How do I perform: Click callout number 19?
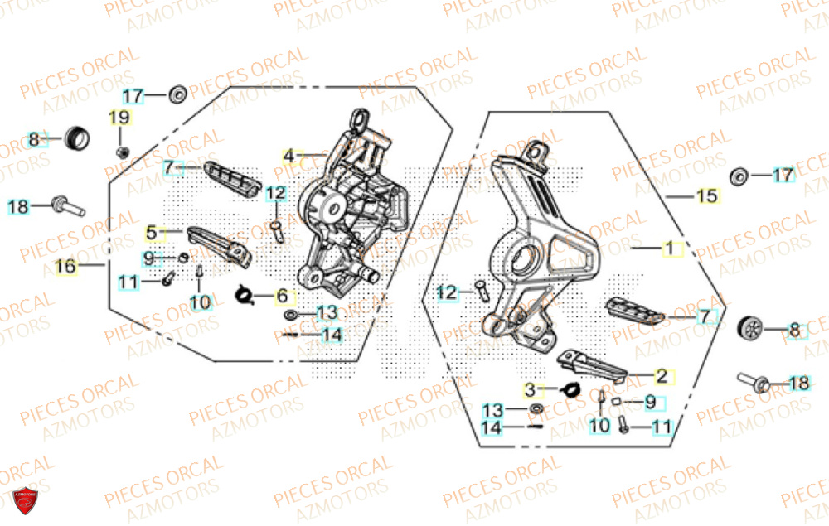(120, 118)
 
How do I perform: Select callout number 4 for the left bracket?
(288, 156)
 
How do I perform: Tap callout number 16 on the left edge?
(65, 267)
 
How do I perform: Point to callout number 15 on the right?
(705, 196)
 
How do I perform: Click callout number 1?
(668, 248)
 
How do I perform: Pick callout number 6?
(282, 296)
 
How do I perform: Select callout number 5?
(152, 232)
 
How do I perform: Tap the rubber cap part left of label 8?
(77, 135)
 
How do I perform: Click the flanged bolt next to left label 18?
(66, 204)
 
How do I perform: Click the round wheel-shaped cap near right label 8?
(750, 328)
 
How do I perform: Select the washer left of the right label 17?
(738, 176)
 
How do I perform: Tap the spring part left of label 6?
(245, 293)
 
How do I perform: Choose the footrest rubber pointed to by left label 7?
(233, 176)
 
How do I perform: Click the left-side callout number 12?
(276, 195)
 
